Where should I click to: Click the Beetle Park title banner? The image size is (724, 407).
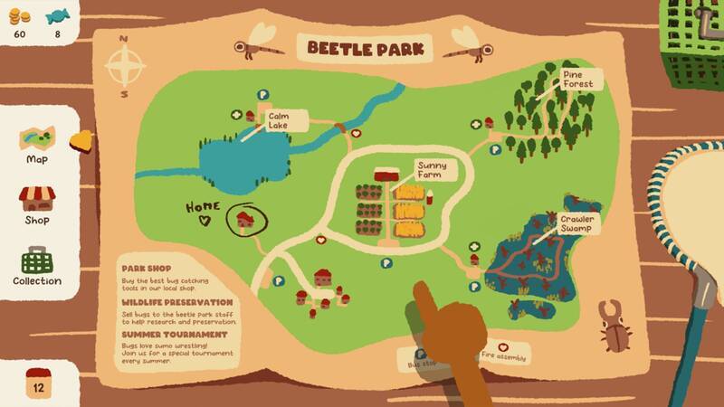coord(368,47)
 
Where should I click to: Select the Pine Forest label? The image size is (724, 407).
coord(576,79)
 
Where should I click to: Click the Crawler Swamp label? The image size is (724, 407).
coord(575,223)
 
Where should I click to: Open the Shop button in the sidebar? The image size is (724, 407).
coord(37,204)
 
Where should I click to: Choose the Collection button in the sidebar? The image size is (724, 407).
coord(37,268)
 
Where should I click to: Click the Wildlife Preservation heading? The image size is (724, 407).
coord(177,301)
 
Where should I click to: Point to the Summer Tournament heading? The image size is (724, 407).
coord(175,335)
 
